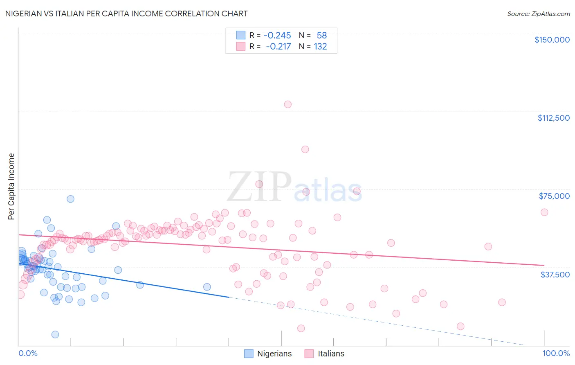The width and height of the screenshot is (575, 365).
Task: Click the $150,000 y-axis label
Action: click(552, 40)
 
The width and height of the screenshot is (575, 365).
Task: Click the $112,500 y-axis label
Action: click(553, 118)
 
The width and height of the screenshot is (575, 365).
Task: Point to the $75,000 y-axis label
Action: click(554, 196)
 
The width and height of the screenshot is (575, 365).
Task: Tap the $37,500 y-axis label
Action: click(555, 275)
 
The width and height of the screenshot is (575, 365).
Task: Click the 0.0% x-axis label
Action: click(28, 353)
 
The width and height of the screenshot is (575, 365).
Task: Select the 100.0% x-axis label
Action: click(556, 353)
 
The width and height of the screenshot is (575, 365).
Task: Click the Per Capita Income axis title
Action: click(11, 186)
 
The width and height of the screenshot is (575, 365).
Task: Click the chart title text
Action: click(126, 14)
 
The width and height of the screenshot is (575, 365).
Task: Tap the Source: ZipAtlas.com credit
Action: click(538, 14)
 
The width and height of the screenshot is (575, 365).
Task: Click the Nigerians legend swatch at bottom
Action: click(249, 354)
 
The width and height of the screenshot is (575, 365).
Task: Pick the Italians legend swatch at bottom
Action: click(309, 354)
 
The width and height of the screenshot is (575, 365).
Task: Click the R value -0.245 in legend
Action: click(277, 36)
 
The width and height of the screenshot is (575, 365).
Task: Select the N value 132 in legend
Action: click(320, 47)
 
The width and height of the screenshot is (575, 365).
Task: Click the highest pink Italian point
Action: click(288, 104)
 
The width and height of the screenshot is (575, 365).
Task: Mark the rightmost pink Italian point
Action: click(544, 212)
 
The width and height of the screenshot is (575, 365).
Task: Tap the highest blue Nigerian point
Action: click(70, 199)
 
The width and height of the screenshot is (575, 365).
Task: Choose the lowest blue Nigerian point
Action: click(55, 334)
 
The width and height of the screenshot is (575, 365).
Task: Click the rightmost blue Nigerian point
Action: click(207, 287)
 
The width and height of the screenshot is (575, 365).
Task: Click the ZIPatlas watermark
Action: click(294, 187)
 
